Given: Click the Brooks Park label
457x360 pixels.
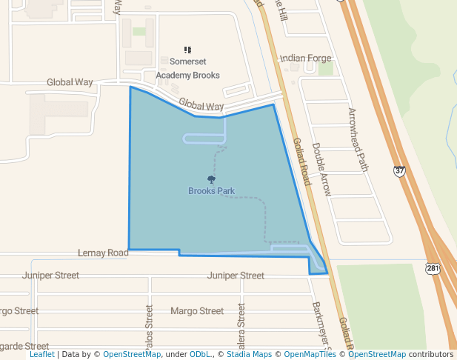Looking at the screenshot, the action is tap(211, 191).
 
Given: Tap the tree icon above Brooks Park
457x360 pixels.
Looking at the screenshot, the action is tap(211, 179).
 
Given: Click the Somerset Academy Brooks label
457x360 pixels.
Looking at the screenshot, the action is tap(188, 68).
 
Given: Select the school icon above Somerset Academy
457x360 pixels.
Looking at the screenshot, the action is tap(188, 50).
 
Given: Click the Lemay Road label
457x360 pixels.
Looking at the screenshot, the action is tap(103, 253).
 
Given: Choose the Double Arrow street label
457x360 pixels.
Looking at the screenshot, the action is tap(322, 169).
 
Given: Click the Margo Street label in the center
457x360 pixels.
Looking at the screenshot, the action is tap(196, 311).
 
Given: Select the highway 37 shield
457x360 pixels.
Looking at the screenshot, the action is tap(400, 171).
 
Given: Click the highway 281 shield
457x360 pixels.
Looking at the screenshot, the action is tap(433, 267).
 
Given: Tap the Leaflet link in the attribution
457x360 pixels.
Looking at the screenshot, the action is tap(41, 355).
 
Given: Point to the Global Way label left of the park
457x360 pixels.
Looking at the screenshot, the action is tap(70, 82).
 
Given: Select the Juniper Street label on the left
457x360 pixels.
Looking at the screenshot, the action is tap(51, 276).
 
